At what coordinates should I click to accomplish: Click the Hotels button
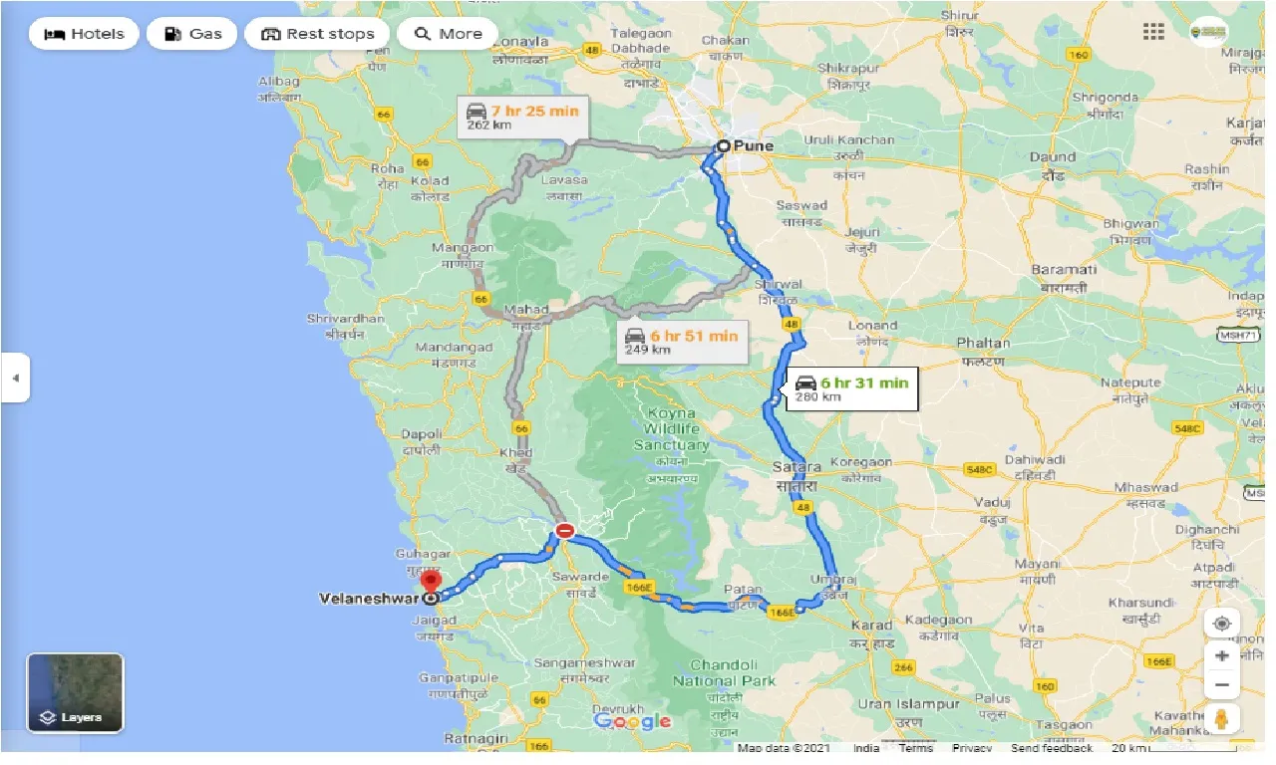click(85, 34)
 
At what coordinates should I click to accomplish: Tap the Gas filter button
click(191, 34)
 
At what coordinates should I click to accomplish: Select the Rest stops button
click(317, 34)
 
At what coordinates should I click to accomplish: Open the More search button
click(448, 34)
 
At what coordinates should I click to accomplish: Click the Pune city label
click(753, 145)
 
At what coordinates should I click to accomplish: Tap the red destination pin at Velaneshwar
click(431, 582)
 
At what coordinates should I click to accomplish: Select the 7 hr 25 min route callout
click(521, 117)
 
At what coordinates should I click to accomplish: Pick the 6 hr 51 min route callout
click(681, 342)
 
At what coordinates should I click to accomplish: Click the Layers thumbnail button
click(75, 693)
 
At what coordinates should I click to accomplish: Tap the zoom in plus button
click(1221, 655)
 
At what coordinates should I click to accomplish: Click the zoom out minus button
click(1221, 685)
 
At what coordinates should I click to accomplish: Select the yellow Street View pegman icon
click(1221, 719)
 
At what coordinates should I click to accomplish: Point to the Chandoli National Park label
click(724, 672)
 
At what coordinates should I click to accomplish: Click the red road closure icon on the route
click(564, 531)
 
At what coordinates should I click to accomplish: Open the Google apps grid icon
click(1153, 32)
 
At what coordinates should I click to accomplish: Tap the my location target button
click(1221, 624)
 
